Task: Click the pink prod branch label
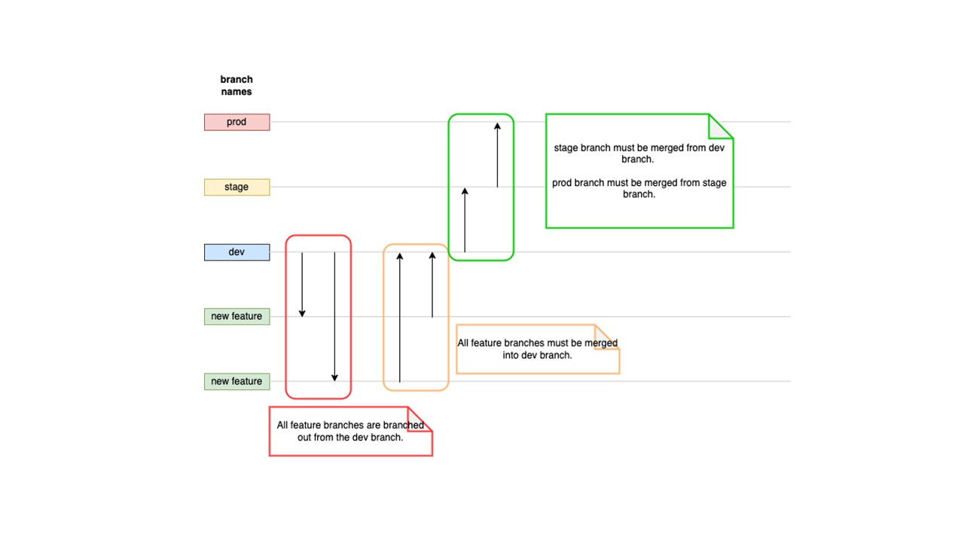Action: (x=236, y=122)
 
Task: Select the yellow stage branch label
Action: (x=236, y=187)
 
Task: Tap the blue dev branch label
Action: (x=236, y=252)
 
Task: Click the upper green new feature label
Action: (x=236, y=316)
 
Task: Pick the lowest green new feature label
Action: (x=236, y=382)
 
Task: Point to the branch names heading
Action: (x=236, y=85)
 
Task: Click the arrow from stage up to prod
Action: (x=497, y=155)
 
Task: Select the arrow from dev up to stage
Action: (x=465, y=220)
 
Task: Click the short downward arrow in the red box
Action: (x=302, y=285)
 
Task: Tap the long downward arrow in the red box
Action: (x=334, y=317)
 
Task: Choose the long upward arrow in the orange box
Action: (x=400, y=317)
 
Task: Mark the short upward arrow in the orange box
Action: (x=432, y=285)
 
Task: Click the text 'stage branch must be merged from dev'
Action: (x=639, y=148)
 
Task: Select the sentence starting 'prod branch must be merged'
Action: (x=639, y=188)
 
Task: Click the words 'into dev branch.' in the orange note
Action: (x=537, y=355)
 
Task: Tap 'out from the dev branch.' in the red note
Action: (x=350, y=437)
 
